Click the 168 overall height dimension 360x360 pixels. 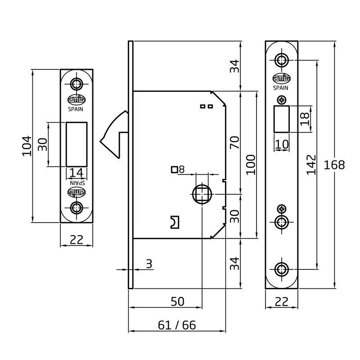tap(334, 165)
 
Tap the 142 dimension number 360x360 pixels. tap(311, 165)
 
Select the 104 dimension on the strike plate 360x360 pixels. tap(27, 146)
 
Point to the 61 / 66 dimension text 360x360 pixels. tap(177, 325)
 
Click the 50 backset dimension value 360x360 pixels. tap(177, 301)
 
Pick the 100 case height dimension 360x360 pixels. tap(251, 165)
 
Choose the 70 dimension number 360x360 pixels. tap(234, 142)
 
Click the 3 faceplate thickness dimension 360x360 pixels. tap(149, 264)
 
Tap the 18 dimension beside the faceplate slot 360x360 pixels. tap(305, 119)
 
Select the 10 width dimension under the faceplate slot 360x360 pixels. tap(282, 144)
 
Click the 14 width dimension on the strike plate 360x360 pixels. tap(76, 173)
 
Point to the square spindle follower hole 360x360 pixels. tap(202, 194)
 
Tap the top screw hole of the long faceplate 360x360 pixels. tap(282, 60)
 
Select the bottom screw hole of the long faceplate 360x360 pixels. tap(282, 269)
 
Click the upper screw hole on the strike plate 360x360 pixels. tap(76, 84)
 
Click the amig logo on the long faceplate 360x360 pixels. tap(282, 78)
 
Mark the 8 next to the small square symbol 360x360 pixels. tap(182, 170)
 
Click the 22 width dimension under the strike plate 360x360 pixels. tap(76, 240)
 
